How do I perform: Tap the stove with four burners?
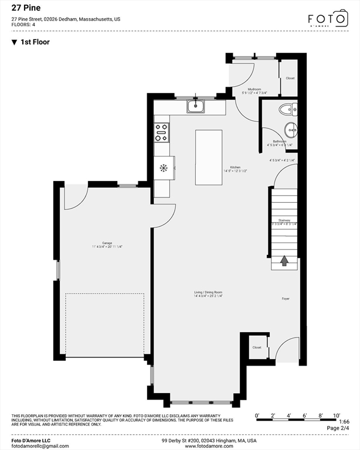click(161, 132)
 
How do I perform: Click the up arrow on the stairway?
click(284, 260)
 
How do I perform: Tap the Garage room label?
click(107, 243)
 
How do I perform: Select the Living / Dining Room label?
click(208, 292)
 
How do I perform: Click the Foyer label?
click(286, 298)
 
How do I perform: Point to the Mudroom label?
click(254, 89)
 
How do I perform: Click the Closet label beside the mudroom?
click(290, 78)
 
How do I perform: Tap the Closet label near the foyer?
click(257, 347)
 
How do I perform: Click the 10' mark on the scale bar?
click(337, 415)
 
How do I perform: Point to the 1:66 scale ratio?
click(344, 421)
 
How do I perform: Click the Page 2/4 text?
click(337, 428)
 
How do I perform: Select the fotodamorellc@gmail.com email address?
click(40, 446)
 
